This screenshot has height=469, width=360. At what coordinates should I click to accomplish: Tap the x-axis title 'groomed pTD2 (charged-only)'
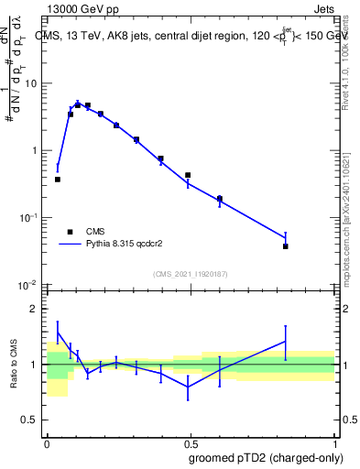(265, 457)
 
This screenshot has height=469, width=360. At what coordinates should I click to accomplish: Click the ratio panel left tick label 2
(36, 309)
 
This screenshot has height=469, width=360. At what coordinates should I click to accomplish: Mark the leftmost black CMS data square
(58, 180)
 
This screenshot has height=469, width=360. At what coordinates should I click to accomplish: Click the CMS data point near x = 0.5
(188, 175)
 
